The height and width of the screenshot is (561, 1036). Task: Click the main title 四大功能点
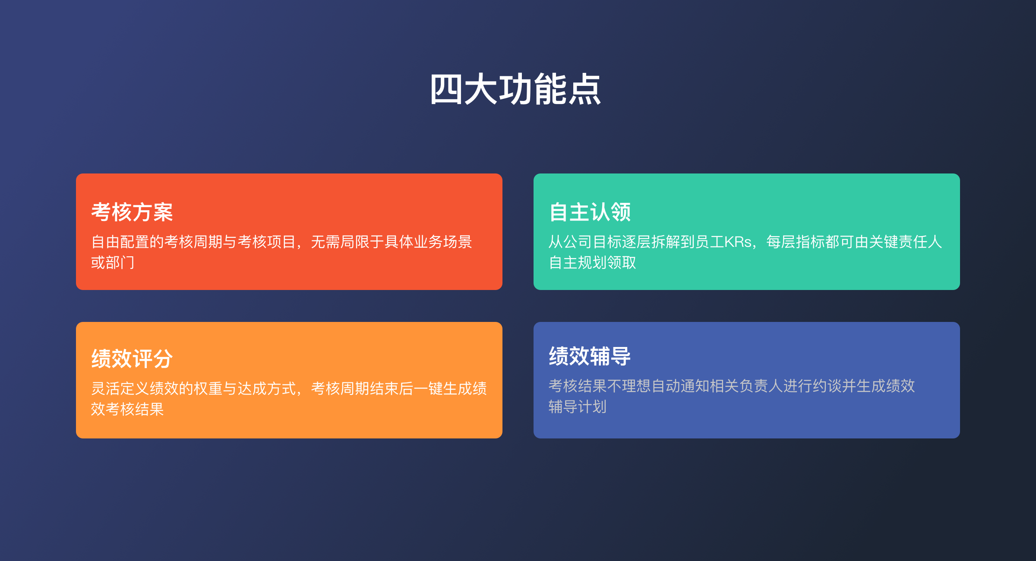pyautogui.click(x=515, y=89)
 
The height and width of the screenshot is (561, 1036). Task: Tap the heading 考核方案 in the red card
pyautogui.click(x=132, y=212)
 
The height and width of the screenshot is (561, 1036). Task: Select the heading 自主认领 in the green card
pyautogui.click(x=590, y=212)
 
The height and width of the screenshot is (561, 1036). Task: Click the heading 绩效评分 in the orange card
pyautogui.click(x=132, y=359)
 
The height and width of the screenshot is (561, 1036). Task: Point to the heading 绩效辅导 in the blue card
pyautogui.click(x=590, y=356)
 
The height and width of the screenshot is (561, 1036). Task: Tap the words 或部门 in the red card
pyautogui.click(x=113, y=262)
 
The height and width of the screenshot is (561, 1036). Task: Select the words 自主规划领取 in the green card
pyautogui.click(x=592, y=262)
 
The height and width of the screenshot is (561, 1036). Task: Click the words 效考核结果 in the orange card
pyautogui.click(x=127, y=409)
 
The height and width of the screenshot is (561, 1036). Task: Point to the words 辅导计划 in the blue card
pyautogui.click(x=578, y=407)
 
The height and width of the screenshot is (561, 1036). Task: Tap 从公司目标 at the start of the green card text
pyautogui.click(x=585, y=242)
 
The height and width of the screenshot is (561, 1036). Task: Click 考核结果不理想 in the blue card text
pyautogui.click(x=600, y=386)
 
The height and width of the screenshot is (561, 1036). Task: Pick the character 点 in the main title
pyautogui.click(x=584, y=89)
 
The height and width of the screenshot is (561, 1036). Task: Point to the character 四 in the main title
pyautogui.click(x=446, y=89)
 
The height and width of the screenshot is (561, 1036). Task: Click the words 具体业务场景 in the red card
pyautogui.click(x=428, y=242)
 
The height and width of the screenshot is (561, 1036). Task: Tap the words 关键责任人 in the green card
pyautogui.click(x=906, y=242)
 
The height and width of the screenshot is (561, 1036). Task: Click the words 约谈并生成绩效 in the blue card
pyautogui.click(x=864, y=386)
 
